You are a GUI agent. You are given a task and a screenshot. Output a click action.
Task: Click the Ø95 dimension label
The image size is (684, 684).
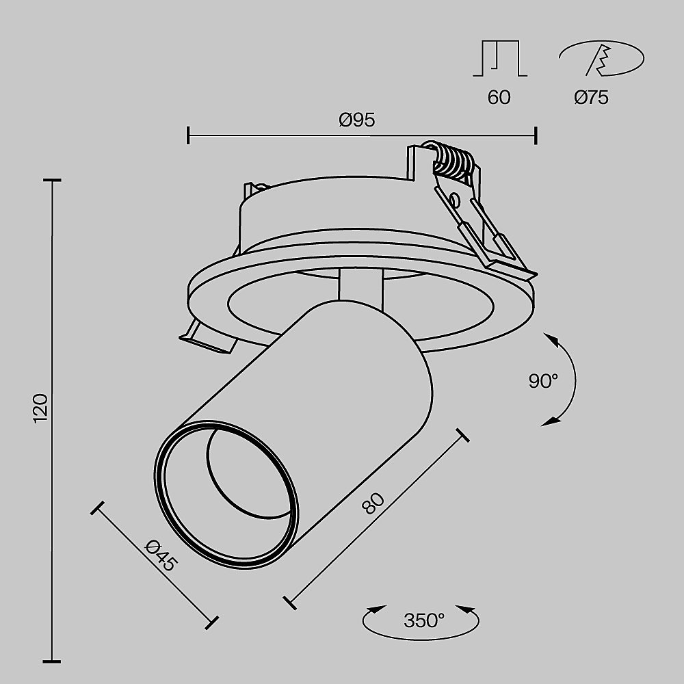pyautogui.click(x=357, y=120)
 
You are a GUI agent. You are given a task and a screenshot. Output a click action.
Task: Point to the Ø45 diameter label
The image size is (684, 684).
pyautogui.click(x=162, y=555)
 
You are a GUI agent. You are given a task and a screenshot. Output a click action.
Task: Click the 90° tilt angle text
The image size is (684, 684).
pyautogui.click(x=543, y=382)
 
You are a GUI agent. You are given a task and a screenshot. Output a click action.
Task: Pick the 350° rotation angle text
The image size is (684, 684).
pyautogui.click(x=423, y=620)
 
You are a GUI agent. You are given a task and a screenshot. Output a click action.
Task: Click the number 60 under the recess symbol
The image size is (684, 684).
pyautogui.click(x=499, y=97)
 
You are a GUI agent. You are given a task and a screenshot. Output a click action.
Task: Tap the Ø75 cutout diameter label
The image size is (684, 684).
pyautogui.click(x=591, y=97)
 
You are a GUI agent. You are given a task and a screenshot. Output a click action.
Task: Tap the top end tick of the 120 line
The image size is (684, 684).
pyautogui.click(x=53, y=181)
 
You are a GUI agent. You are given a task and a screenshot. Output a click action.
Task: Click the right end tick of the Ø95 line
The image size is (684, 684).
pyautogui.click(x=536, y=135)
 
